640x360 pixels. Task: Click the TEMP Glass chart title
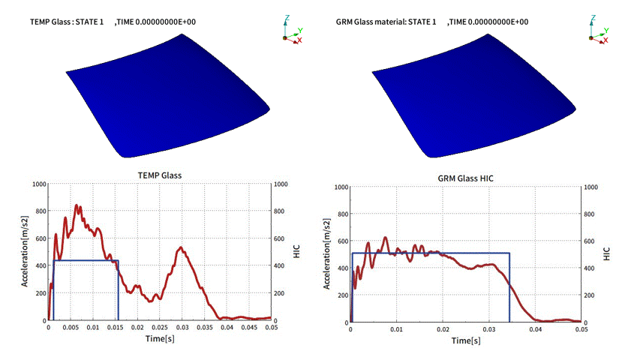[159, 175]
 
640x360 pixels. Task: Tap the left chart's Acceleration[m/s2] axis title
[26, 252]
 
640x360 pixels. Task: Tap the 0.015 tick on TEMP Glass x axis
[115, 328]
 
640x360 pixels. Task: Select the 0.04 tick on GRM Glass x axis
[535, 330]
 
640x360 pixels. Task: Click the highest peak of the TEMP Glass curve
[77, 205]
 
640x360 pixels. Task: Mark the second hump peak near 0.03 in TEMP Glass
[181, 247]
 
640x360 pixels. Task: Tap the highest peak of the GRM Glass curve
[385, 238]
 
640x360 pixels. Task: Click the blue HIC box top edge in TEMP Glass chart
[86, 260]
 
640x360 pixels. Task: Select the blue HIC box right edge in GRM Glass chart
[509, 289]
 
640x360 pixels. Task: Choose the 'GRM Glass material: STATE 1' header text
[387, 22]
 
